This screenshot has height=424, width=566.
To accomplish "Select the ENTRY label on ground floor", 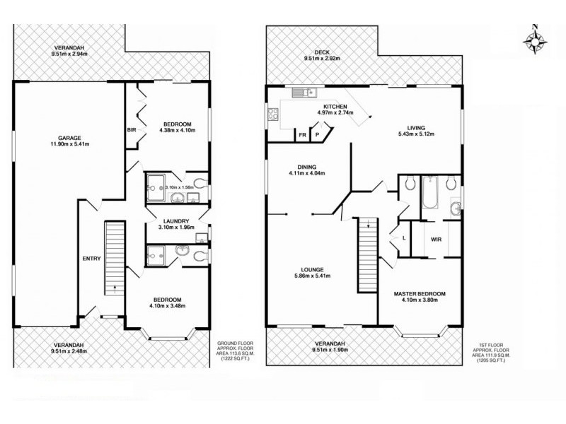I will tap(92, 259).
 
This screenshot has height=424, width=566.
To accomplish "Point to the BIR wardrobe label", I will tap(132, 130).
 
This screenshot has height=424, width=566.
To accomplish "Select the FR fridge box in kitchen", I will tap(302, 134).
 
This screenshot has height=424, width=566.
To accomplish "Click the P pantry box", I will tap(318, 134).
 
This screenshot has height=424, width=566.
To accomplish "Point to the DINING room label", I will tap(301, 167).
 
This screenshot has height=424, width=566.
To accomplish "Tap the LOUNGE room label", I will tap(311, 269).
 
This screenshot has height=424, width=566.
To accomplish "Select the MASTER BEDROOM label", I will tap(420, 293).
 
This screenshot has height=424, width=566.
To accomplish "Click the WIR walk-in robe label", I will tap(436, 239).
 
